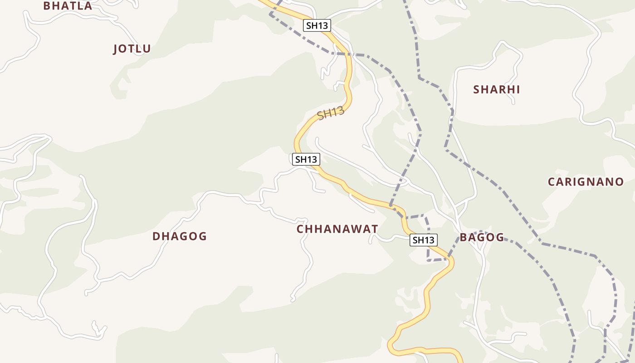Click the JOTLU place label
(132, 49)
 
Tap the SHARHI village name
(497, 89)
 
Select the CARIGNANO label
(586, 182)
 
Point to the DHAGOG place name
(180, 236)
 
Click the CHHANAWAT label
(337, 229)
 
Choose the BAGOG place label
(482, 237)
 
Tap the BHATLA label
(68, 6)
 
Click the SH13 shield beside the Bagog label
(423, 240)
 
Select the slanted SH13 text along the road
(331, 113)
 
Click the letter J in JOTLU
(116, 49)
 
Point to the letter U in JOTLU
(147, 49)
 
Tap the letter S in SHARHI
(477, 89)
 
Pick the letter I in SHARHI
(518, 89)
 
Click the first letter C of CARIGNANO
(552, 182)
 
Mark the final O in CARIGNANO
(619, 182)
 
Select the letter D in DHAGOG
(156, 236)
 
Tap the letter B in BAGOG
(464, 237)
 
